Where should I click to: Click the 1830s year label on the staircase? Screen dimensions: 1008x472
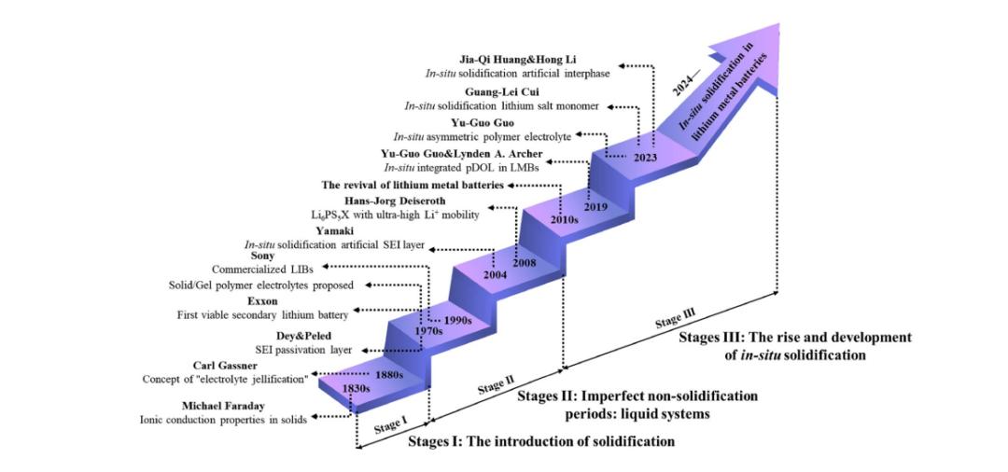click(x=357, y=389)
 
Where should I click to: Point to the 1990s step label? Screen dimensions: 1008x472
click(x=457, y=319)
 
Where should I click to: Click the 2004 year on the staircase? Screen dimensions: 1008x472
click(x=495, y=275)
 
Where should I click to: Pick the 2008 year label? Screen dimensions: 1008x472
click(x=525, y=263)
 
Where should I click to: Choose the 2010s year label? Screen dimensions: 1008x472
click(x=565, y=219)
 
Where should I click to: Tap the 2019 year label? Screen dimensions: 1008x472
click(x=595, y=207)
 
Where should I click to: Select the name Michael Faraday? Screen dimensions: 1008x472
click(x=222, y=406)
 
